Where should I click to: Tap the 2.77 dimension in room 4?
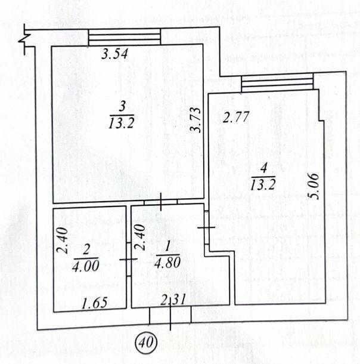[x=235, y=118]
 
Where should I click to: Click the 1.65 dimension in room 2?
[x=94, y=303]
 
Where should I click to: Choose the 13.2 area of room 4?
[x=263, y=183]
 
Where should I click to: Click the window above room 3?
[x=125, y=36]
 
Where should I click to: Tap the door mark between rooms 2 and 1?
[x=128, y=259]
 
